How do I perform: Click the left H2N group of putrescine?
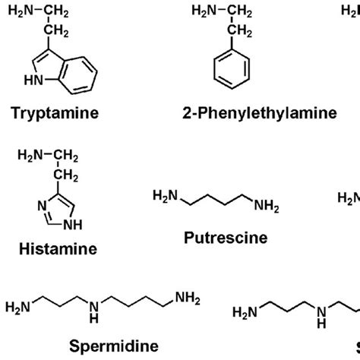(164, 197)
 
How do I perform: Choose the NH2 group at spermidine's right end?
(188, 297)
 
